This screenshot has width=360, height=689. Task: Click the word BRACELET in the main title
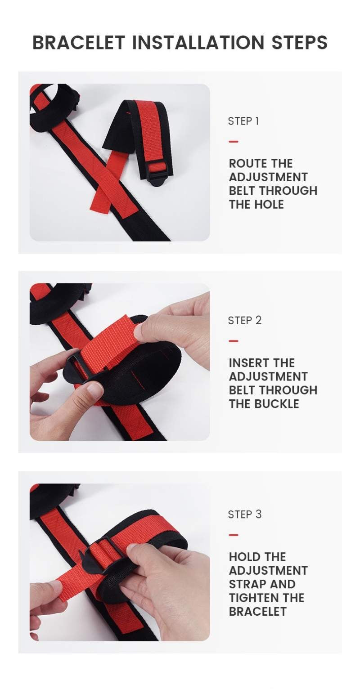click(79, 42)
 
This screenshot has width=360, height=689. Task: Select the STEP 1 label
click(243, 121)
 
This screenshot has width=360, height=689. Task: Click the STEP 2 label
click(245, 321)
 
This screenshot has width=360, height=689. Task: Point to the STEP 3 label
click(245, 515)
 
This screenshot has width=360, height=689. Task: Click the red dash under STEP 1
click(234, 142)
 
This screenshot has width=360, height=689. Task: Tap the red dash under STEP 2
click(234, 341)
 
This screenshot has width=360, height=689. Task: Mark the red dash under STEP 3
click(234, 535)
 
